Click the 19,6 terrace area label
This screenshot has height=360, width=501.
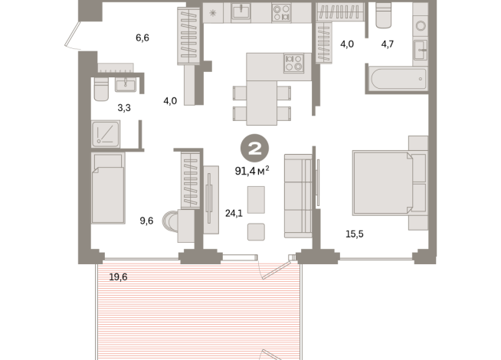click(118, 277)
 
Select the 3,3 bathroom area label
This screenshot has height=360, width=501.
click(123, 108)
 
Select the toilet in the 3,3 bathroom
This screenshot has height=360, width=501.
click(100, 90)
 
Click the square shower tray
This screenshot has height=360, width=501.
click(106, 135)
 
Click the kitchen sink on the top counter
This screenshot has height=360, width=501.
click(241, 12)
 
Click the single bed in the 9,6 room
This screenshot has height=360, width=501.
click(107, 187)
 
